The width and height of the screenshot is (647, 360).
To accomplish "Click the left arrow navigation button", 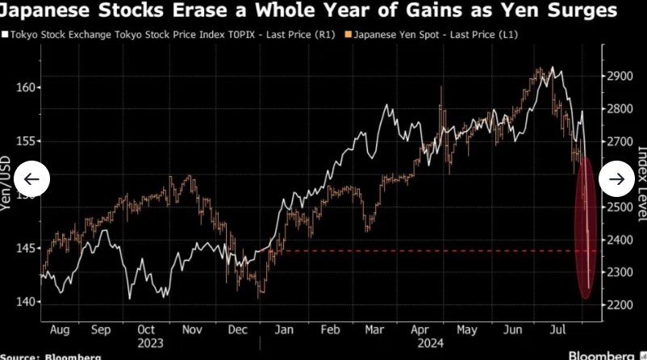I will coord(32,179).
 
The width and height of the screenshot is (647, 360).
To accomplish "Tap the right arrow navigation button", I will coord(618,179).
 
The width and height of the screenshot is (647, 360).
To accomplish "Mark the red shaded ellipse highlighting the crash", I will coord(587,228).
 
